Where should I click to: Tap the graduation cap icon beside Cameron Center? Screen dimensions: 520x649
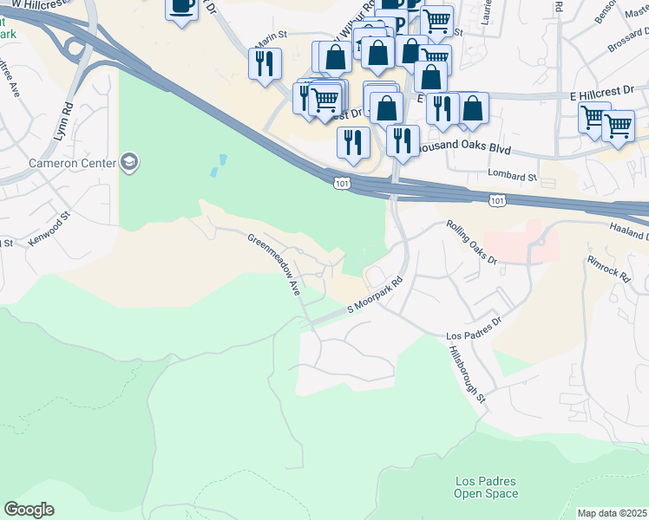click(130, 162)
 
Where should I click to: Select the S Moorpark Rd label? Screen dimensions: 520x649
click(376, 296)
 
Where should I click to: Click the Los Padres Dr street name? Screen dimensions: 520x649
click(474, 328)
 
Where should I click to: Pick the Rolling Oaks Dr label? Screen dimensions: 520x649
click(471, 242)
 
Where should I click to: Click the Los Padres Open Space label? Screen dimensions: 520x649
click(486, 487)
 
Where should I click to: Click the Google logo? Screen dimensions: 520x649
click(29, 510)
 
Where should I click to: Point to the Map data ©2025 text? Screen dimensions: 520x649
click(613, 513)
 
